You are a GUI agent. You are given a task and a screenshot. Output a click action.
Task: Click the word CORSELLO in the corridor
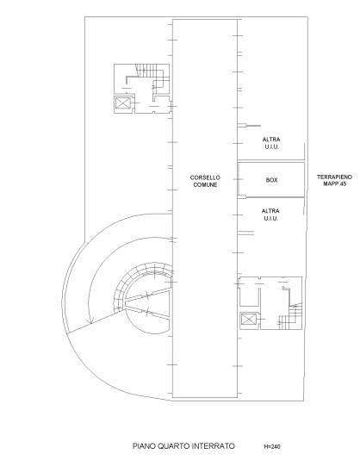[205, 177]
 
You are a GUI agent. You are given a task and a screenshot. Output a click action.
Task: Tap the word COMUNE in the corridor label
[205, 185]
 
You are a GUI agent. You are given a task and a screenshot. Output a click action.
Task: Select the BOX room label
[271, 180]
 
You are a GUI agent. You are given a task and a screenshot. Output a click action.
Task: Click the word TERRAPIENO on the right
[334, 177]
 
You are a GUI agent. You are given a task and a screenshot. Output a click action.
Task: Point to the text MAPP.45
[335, 184]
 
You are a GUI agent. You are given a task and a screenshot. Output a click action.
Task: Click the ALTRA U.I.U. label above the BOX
[271, 143]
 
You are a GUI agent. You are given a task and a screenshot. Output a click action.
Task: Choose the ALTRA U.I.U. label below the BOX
[270, 214]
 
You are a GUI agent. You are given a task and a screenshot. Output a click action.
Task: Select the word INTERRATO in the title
[214, 446]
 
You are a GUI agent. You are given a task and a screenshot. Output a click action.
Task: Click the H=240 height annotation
[272, 447]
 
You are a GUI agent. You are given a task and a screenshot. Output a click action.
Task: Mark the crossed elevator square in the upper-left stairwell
[122, 103]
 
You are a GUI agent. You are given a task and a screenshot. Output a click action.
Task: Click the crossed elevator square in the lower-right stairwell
[249, 320]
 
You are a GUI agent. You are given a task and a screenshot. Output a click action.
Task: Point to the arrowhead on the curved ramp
[90, 321]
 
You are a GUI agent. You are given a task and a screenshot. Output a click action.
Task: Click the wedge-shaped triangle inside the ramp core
[146, 303]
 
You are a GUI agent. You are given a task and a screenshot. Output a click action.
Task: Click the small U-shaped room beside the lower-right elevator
[250, 297]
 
